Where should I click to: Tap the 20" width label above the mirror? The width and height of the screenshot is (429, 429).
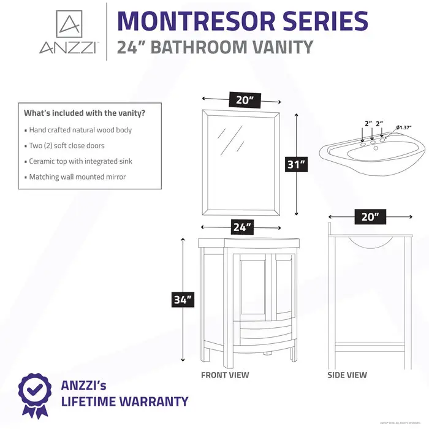click(x=242, y=100)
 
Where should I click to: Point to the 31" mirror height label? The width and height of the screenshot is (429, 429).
click(x=297, y=165)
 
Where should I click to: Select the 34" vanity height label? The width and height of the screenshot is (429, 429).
click(x=182, y=300)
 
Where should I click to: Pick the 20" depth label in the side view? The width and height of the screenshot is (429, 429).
click(x=370, y=216)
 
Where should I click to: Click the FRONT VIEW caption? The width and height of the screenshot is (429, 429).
click(x=225, y=375)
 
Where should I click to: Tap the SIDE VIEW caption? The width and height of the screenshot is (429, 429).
click(x=347, y=375)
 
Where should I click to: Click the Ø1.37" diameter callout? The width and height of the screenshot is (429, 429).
click(x=403, y=127)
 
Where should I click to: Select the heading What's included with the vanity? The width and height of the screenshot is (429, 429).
click(x=84, y=113)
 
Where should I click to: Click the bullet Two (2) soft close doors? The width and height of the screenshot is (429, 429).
click(x=67, y=146)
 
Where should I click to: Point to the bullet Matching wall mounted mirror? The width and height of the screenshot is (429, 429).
click(x=77, y=177)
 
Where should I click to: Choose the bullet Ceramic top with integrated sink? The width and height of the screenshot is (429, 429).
click(x=80, y=161)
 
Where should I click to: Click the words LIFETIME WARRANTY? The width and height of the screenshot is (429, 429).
click(x=124, y=402)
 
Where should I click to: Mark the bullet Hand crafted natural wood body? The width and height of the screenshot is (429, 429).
click(x=80, y=130)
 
